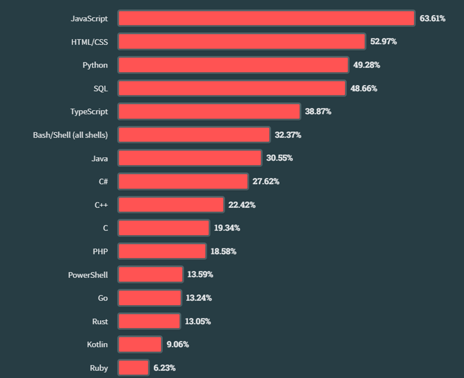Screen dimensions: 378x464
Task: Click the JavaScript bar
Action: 266,18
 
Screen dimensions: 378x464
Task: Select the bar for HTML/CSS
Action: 242,42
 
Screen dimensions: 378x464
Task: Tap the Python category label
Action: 95,65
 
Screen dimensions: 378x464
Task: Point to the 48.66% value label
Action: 365,88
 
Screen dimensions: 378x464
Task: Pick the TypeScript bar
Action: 209,112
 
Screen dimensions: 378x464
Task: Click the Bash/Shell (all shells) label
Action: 70,135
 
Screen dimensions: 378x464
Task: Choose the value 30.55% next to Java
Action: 279,158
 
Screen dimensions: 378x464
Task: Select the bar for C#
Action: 183,181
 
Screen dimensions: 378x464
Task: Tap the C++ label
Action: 101,205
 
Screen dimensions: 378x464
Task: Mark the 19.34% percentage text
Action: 227,228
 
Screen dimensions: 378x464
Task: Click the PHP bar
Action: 162,251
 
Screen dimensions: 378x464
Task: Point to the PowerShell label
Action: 88,275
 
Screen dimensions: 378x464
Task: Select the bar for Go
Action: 149,298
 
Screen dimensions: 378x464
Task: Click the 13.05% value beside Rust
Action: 198,321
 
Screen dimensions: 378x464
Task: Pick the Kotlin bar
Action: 140,344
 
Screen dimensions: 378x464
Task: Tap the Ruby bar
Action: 133,368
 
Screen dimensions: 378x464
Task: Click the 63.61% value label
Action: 432,18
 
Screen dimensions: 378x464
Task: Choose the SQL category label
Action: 100,88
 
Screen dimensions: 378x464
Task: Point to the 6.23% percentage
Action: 165,368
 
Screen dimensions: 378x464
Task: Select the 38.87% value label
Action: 318,112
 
